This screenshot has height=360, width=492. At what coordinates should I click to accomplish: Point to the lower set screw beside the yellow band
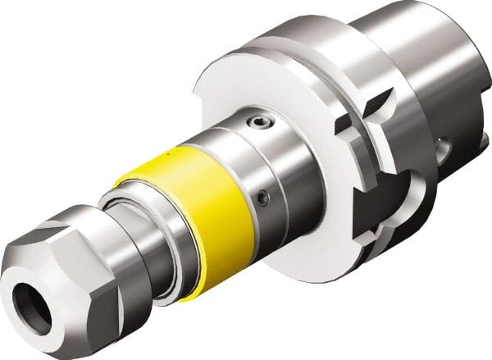262,198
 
